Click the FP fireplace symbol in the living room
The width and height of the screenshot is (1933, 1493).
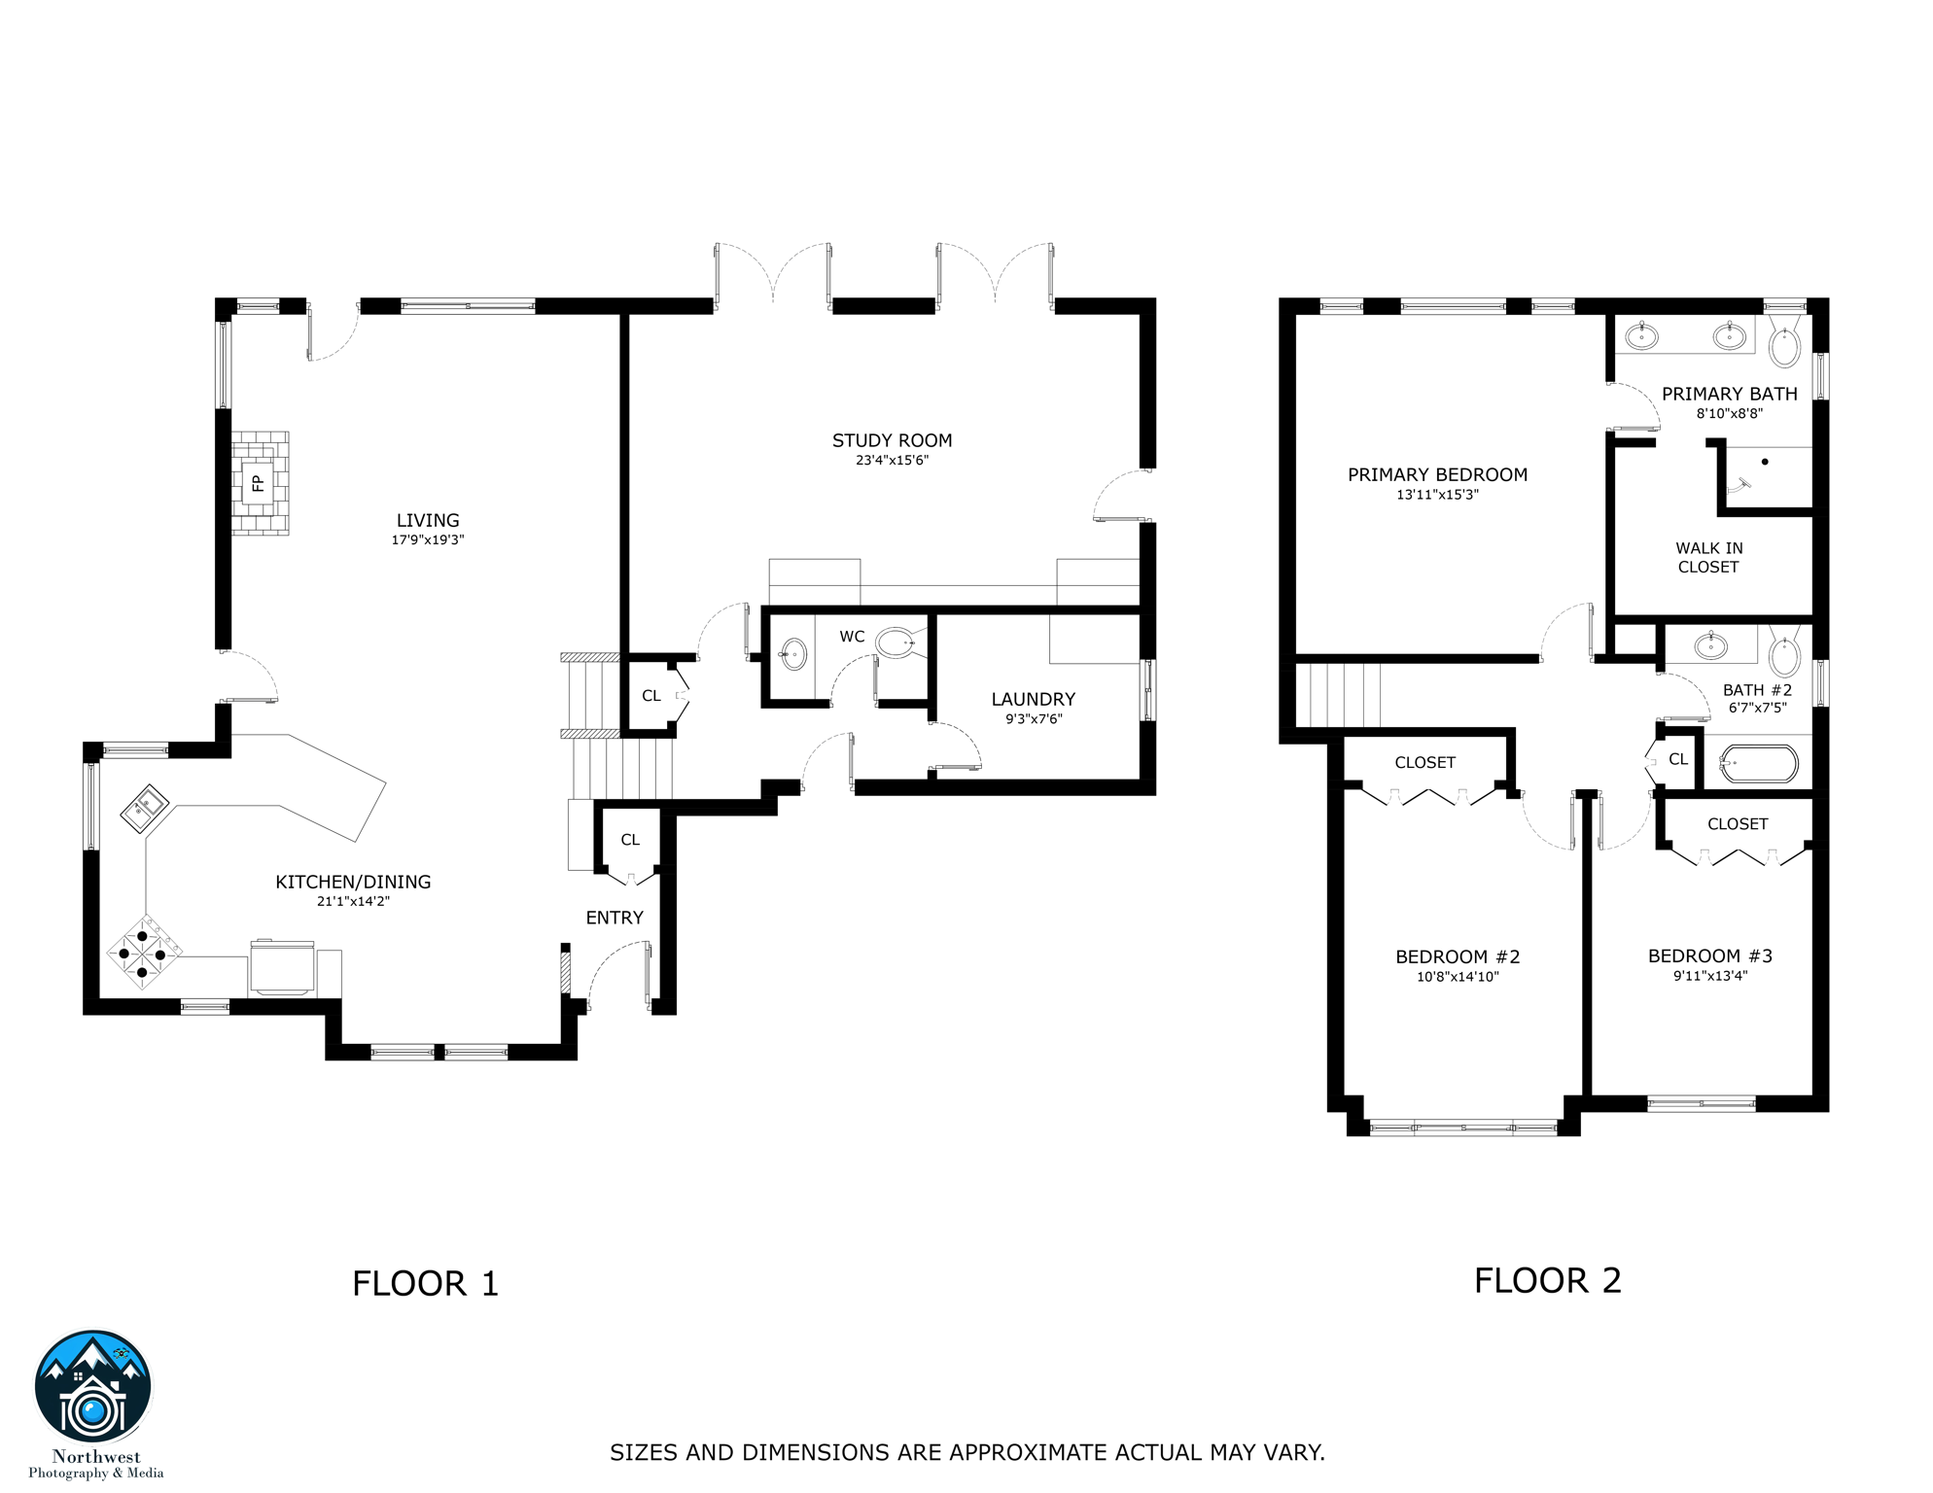[259, 483]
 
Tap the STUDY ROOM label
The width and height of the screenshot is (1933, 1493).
[892, 440]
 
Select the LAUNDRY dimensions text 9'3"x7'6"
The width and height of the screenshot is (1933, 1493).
[1034, 719]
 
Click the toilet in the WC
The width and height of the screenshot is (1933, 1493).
[896, 642]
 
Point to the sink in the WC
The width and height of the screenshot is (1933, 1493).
[793, 654]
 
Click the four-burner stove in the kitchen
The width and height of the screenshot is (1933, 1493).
[143, 953]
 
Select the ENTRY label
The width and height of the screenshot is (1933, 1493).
[615, 918]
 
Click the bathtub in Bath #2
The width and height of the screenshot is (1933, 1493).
[1758, 763]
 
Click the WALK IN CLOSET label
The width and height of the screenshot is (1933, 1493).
[1708, 558]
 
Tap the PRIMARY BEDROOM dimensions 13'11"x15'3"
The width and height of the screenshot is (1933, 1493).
[1437, 495]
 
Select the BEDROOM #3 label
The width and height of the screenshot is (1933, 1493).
[1709, 956]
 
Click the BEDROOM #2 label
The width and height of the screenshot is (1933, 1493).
[1457, 957]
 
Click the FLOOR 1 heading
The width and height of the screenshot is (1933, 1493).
[425, 1284]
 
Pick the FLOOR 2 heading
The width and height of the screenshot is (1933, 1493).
[1547, 1281]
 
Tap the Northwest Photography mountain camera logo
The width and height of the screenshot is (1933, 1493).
[93, 1387]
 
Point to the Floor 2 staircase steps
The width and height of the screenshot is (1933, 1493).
[1340, 695]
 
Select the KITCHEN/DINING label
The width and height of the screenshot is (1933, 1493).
[353, 882]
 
